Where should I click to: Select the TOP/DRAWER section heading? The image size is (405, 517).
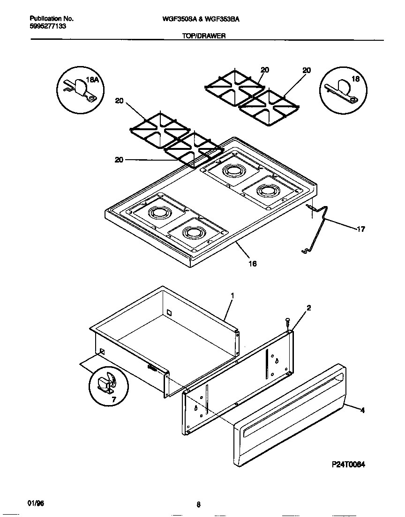point(203,35)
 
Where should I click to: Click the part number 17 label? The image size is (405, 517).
point(360,229)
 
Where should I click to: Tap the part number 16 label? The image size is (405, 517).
point(252,264)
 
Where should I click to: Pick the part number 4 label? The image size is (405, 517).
point(362,410)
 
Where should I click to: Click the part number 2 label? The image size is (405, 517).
point(308,308)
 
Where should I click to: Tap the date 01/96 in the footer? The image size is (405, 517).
point(36,502)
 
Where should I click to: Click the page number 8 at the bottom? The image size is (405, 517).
point(198,504)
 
